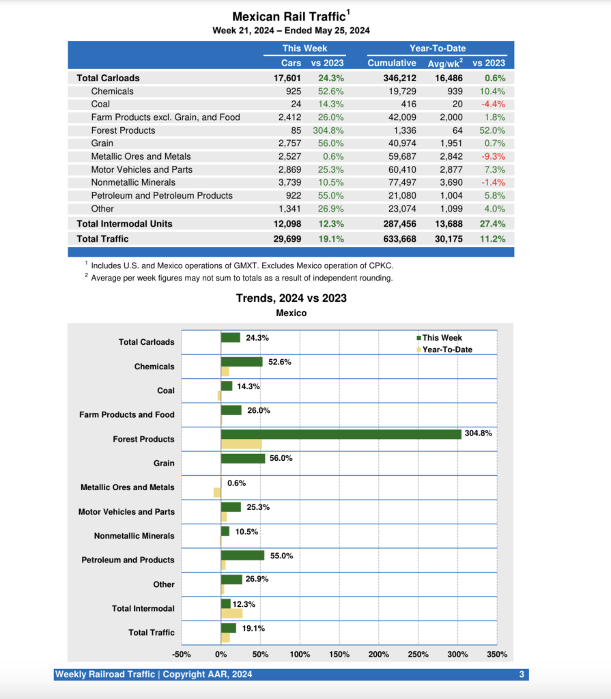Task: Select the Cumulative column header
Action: coord(391,63)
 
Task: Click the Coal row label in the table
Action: coord(100,104)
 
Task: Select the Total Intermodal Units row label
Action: coord(124,224)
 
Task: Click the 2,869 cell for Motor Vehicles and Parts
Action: coord(291,169)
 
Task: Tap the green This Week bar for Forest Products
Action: coord(341,434)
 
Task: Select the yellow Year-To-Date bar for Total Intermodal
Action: coord(231,613)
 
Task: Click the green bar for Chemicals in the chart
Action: coord(242,362)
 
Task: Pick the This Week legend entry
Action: coord(441,338)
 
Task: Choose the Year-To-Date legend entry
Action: coord(446,349)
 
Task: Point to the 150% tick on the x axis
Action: coord(339,654)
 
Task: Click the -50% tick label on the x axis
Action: coord(182,654)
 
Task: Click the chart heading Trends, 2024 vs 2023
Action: coord(292,298)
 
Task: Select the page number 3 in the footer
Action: coord(521,675)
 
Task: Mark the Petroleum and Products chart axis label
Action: coord(128,560)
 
